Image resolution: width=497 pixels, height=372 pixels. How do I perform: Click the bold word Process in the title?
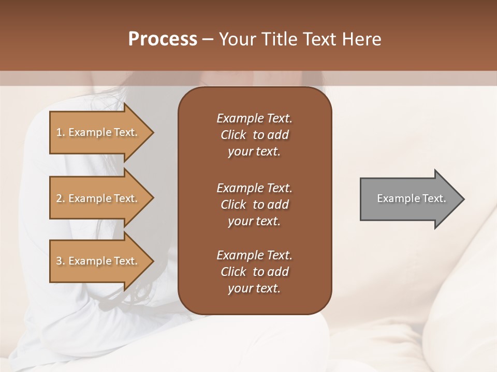pyautogui.click(x=163, y=39)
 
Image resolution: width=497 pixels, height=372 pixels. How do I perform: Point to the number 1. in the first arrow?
pyautogui.click(x=61, y=132)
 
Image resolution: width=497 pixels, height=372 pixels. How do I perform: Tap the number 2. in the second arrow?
pyautogui.click(x=61, y=198)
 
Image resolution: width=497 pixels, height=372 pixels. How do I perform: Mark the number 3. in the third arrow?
pyautogui.click(x=61, y=261)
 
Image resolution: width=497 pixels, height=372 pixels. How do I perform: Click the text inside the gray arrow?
pyautogui.click(x=412, y=198)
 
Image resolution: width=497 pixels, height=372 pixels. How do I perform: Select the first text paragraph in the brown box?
pyautogui.click(x=254, y=135)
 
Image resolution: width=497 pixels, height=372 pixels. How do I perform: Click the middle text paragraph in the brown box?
pyautogui.click(x=254, y=205)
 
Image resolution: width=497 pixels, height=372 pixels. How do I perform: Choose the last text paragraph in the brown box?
pyautogui.click(x=254, y=272)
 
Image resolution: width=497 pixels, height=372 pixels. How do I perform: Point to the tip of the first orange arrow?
pyautogui.click(x=152, y=132)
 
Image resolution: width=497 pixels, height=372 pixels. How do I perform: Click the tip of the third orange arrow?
pyautogui.click(x=152, y=261)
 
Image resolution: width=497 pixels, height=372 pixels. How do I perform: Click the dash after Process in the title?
pyautogui.click(x=208, y=39)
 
